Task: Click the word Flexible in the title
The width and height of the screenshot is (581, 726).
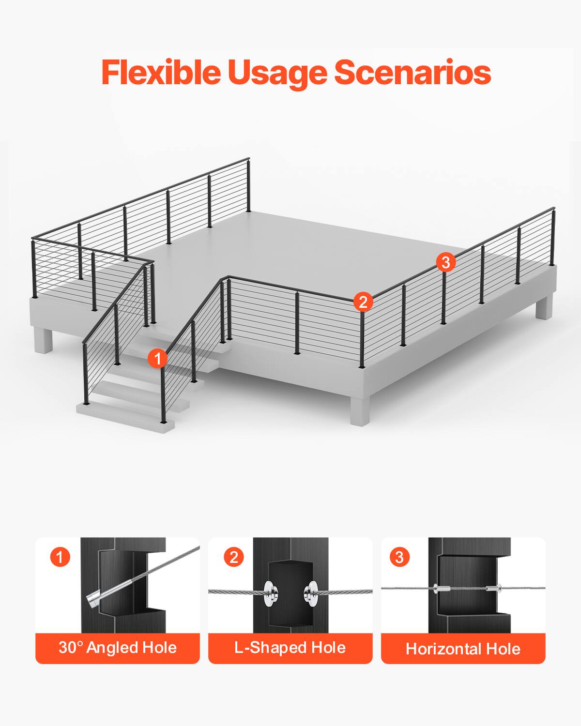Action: pos(160,73)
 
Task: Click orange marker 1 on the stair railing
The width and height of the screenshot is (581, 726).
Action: pos(157,359)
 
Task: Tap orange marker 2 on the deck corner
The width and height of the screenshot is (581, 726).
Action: pos(363,302)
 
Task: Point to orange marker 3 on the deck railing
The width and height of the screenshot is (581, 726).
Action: pos(445,262)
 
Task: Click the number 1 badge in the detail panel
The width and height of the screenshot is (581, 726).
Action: pos(60,557)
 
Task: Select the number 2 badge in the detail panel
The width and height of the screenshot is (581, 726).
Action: pos(234,557)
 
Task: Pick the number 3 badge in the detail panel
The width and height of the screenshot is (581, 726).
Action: pos(399,557)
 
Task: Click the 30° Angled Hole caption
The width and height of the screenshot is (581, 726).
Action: pos(118,648)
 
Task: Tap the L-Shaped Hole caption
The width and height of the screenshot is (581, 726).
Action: pos(290,648)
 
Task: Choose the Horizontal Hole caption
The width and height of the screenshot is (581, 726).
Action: pos(463,649)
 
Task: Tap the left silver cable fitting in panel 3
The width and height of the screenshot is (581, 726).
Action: pos(442,589)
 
